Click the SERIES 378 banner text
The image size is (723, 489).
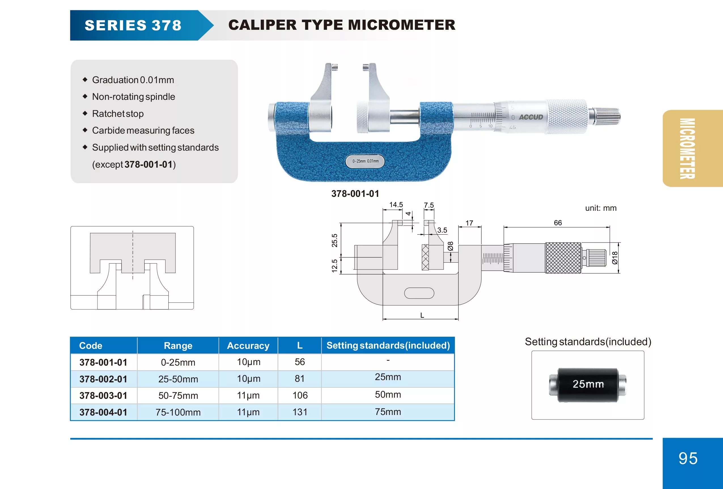pos(133,25)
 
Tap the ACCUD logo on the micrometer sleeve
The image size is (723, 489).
pos(531,117)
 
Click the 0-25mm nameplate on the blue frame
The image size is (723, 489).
pos(365,161)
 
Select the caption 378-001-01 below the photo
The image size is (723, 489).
pos(355,194)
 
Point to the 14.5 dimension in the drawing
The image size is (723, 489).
pos(396,205)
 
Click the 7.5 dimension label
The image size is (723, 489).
pos(429,205)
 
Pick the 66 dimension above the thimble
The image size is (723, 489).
pos(557,223)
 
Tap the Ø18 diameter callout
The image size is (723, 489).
pos(614,258)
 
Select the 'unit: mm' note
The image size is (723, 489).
pos(601,208)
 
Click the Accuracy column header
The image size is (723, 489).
pos(248,345)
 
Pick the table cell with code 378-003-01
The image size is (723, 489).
pos(103,396)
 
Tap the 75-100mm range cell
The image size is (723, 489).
pos(178,412)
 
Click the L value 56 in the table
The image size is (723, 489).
pos(300,362)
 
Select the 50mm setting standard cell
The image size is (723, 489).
pos(388,395)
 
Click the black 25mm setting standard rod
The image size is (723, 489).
pos(588,385)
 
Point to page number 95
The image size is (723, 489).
pos(688,458)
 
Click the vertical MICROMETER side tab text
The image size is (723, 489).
pos(687,148)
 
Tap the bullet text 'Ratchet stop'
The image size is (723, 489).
pos(118,114)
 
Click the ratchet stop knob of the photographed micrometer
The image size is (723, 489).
pos(607,116)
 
